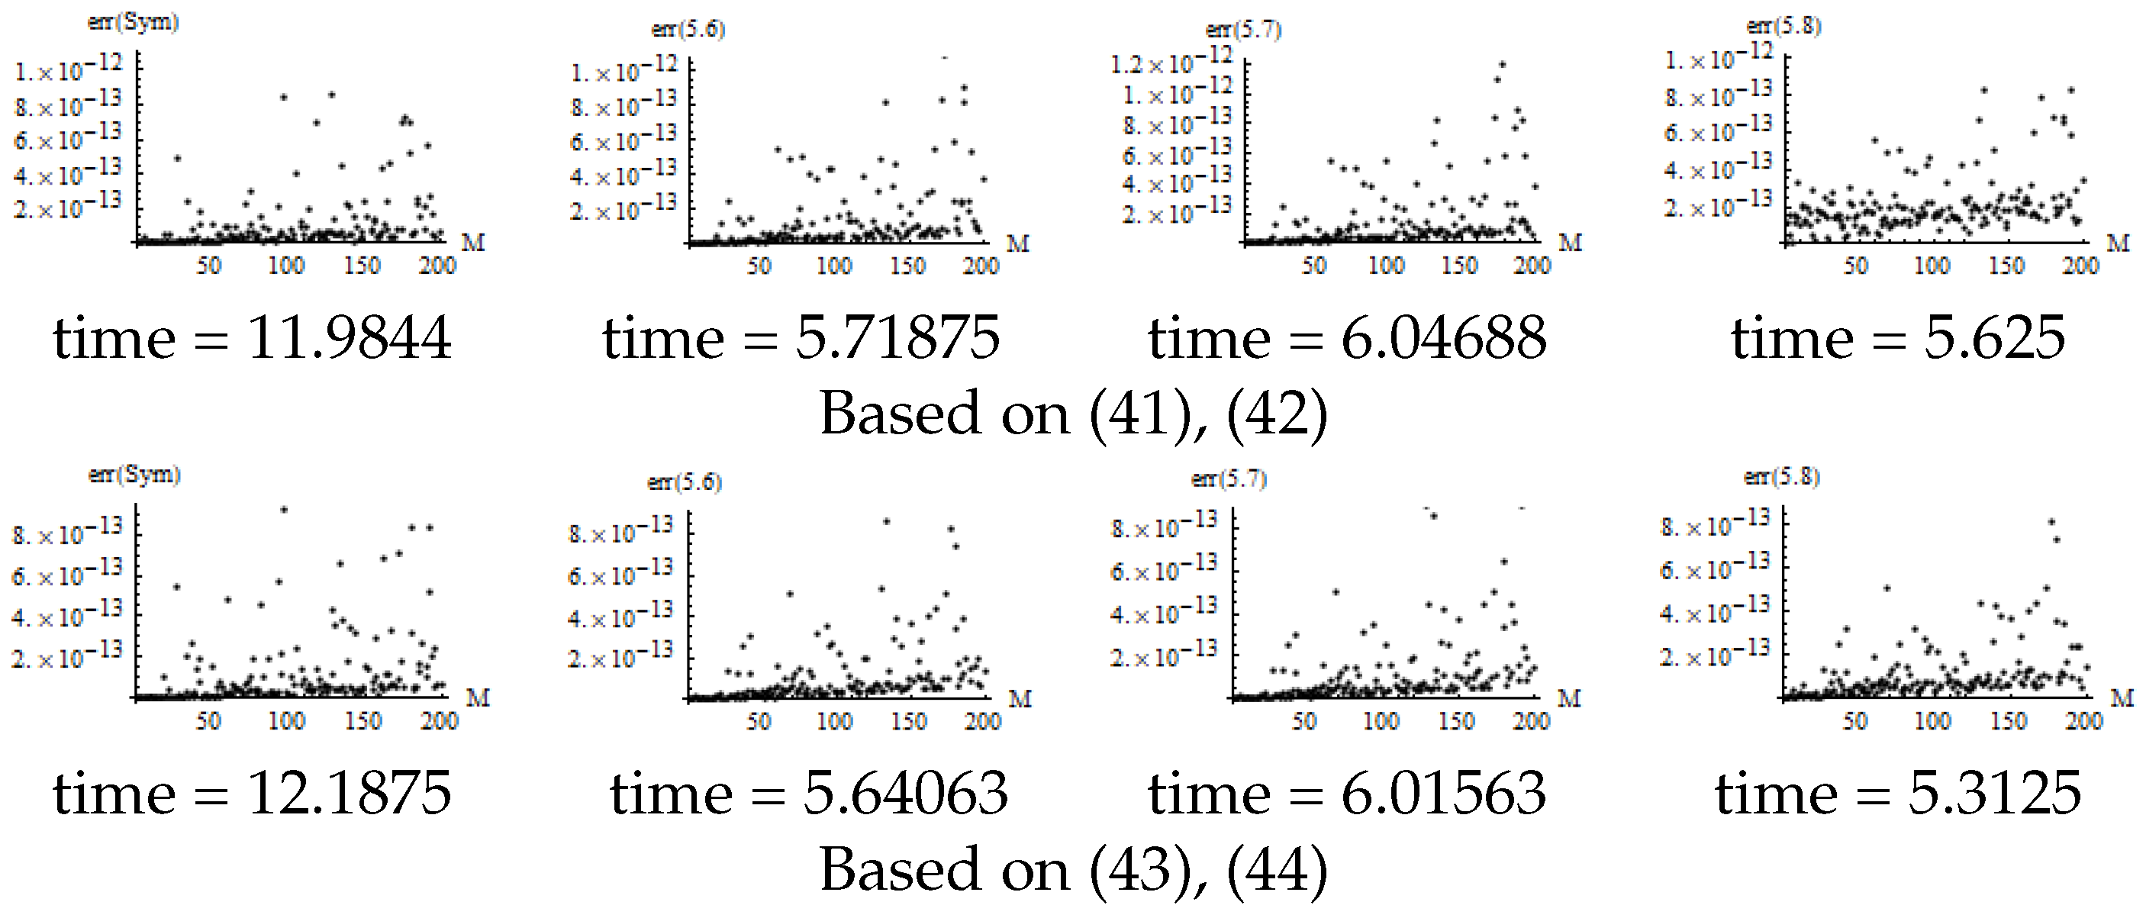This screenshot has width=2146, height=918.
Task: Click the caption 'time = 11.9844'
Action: pos(252,338)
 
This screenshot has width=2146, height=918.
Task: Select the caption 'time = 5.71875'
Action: pos(801,338)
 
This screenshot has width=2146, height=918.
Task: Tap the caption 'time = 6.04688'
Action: pos(1347,338)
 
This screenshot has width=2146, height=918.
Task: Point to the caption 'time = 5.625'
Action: pos(1898,338)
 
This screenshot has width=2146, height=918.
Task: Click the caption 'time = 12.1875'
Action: pos(252,792)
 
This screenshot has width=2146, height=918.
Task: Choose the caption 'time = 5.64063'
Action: pos(808,792)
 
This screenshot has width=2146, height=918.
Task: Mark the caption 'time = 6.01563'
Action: pos(1347,792)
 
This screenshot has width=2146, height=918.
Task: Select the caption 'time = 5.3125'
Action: pos(1898,792)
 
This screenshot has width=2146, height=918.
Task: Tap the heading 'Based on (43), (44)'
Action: pos(1073,870)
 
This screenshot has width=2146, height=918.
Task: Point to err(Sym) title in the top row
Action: pos(134,22)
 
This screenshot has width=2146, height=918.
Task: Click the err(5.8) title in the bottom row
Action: pos(1781,476)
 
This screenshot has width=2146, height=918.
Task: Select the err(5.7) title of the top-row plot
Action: pos(1243,30)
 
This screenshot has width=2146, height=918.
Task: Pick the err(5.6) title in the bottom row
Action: pos(684,482)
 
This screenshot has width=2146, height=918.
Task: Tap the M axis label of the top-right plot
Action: pos(2118,243)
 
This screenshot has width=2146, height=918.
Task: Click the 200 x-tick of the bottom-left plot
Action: pos(439,720)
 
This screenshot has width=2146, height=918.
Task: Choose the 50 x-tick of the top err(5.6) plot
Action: pos(758,266)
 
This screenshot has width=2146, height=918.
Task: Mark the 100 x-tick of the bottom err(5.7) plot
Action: pos(1381,720)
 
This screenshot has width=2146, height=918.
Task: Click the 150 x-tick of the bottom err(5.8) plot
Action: pos(2008,720)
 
